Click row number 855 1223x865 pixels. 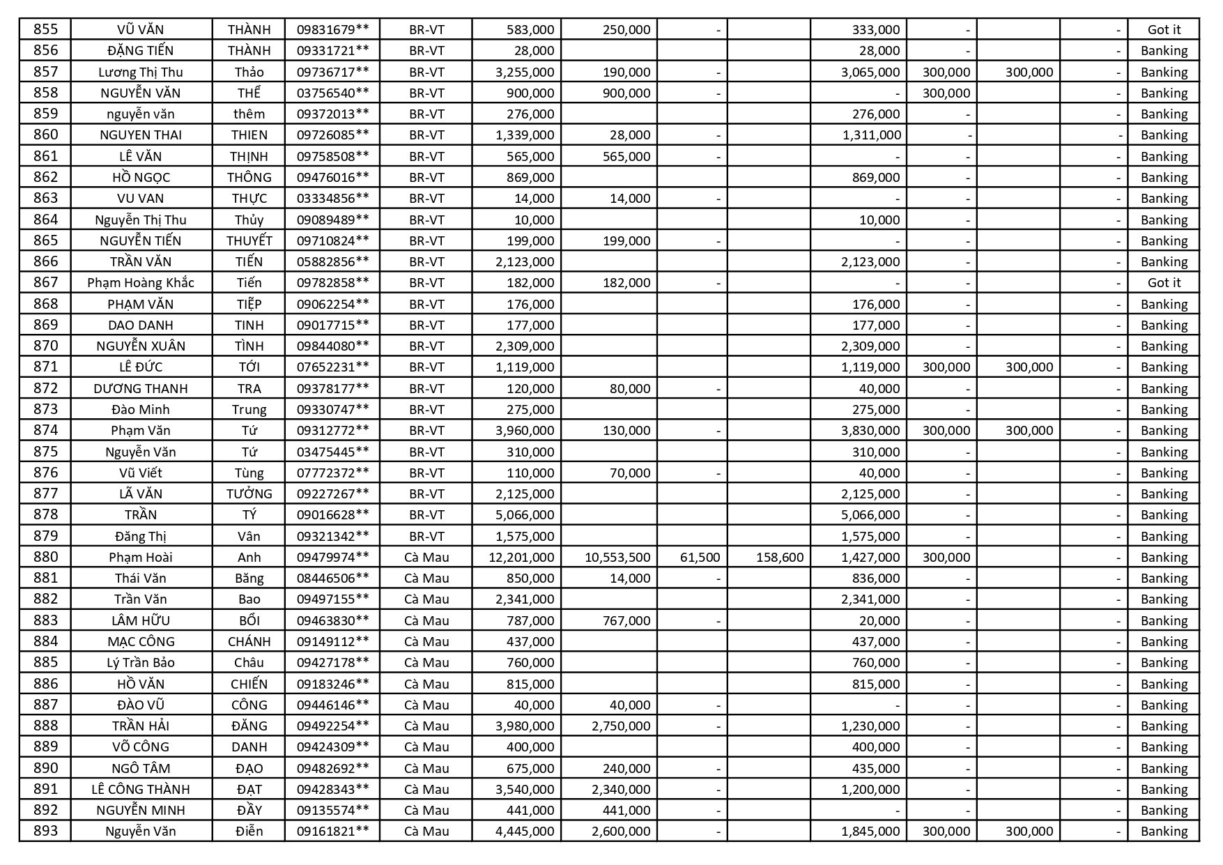click(46, 29)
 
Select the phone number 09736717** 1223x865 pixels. click(332, 72)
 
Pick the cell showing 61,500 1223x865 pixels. click(699, 557)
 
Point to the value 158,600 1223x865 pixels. click(779, 557)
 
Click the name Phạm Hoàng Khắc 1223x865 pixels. click(141, 282)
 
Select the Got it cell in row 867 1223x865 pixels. click(1164, 282)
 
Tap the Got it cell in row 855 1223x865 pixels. click(1164, 29)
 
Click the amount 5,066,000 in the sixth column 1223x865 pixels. click(525, 514)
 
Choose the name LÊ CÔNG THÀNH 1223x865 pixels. click(141, 789)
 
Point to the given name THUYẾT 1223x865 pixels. click(249, 240)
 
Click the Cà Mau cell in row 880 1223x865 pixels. click(426, 557)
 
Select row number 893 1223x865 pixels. click(46, 831)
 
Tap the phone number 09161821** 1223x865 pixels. click(332, 831)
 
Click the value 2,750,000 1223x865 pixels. click(621, 726)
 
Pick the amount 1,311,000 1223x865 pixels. click(871, 135)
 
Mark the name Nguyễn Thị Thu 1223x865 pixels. click(141, 220)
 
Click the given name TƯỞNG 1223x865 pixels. click(249, 493)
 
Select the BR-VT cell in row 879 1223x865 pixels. click(426, 536)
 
